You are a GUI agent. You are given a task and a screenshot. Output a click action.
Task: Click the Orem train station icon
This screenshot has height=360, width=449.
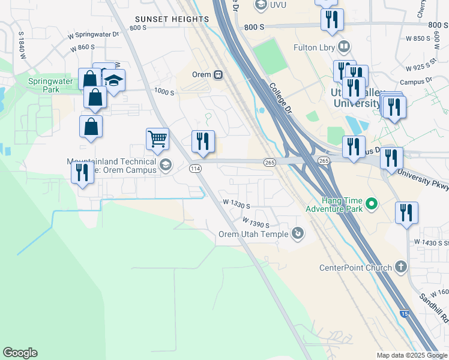coord(218,75)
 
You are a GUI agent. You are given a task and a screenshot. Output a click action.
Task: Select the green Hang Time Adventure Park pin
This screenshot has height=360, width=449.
coord(372,205)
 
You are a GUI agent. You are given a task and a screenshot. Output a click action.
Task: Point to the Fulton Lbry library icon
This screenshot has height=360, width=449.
coord(344,46)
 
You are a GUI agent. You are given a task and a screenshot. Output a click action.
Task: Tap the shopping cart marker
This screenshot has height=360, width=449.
coord(157,139)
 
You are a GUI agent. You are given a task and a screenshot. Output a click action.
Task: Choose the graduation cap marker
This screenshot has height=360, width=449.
coord(113,80)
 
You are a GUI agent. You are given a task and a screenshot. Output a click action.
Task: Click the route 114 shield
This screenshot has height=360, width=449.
coord(195,169)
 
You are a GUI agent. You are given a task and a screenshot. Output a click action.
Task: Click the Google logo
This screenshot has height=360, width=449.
coord(20,353)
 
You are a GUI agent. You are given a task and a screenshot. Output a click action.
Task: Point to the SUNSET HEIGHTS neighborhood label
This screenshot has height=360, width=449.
coord(172,19)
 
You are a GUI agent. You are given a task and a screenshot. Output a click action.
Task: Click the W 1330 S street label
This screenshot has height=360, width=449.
coord(236,205)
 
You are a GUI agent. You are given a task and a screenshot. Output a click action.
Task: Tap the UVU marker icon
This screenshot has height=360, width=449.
coord(261,5)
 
